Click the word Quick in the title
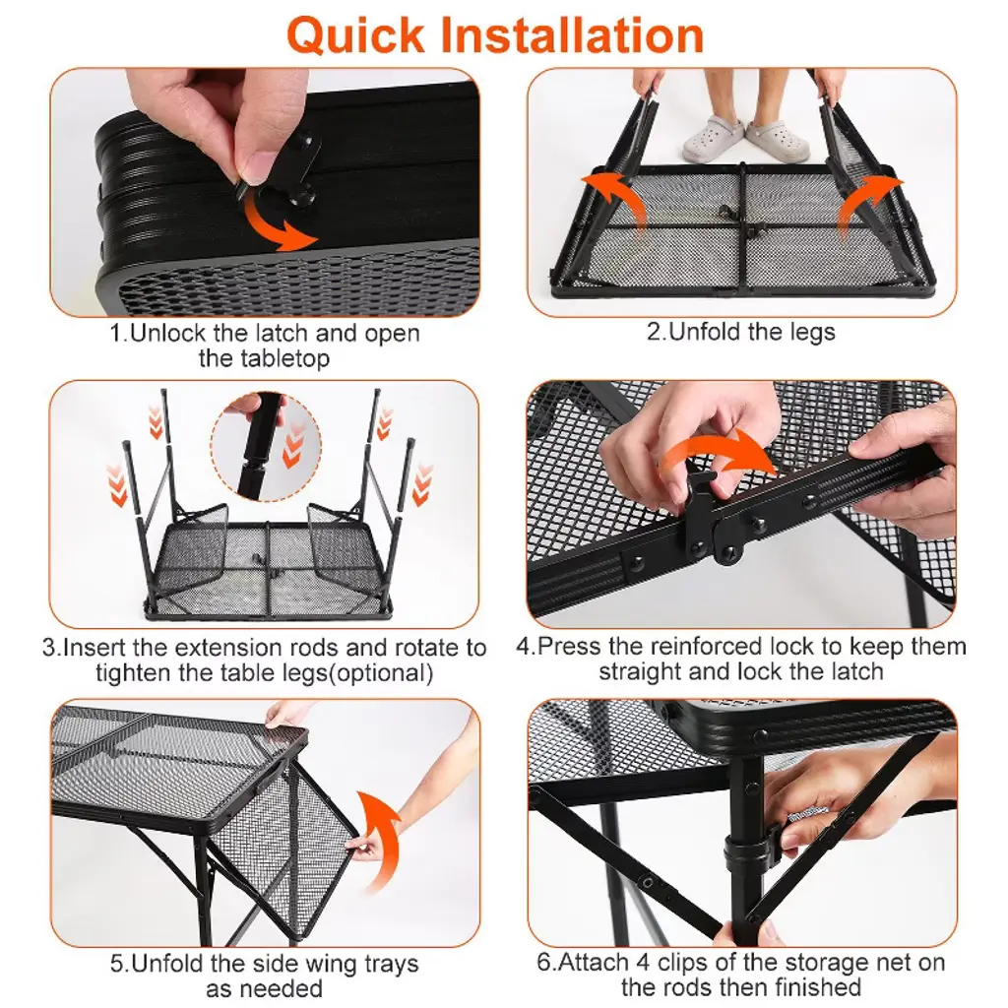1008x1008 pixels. (x=355, y=36)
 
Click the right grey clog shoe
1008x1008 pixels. (x=778, y=140)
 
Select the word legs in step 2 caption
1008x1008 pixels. (x=811, y=333)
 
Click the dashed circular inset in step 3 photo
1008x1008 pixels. (x=266, y=448)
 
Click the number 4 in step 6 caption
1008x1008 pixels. (x=643, y=963)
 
